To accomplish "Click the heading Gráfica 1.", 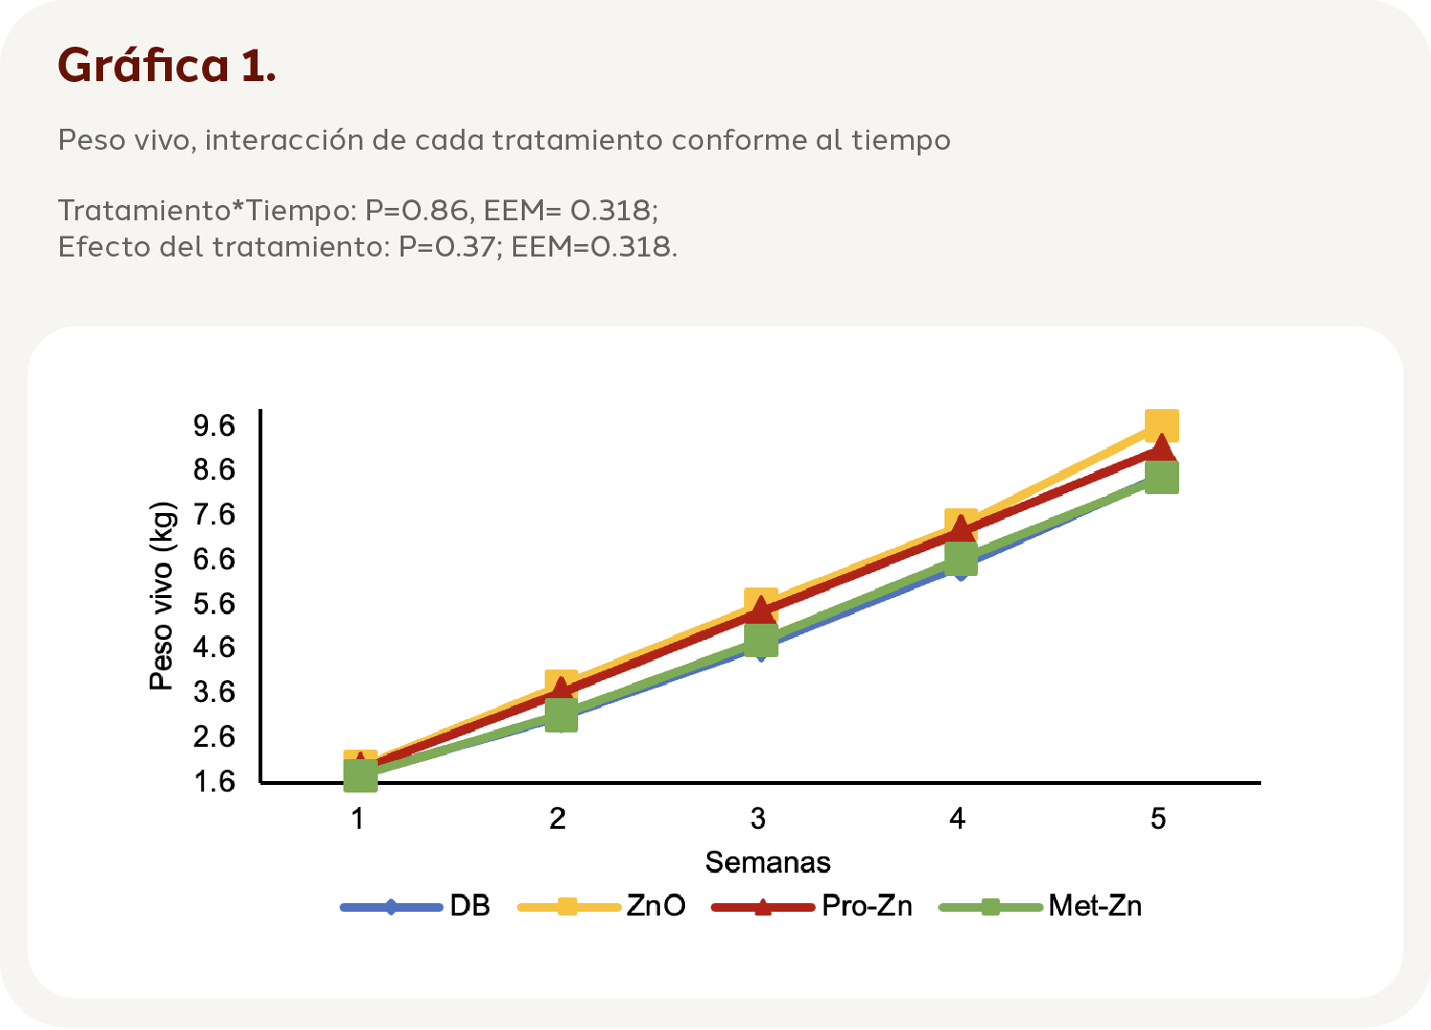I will pos(167,65).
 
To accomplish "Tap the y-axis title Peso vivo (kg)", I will pos(162,596).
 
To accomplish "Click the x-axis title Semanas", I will pos(767,862).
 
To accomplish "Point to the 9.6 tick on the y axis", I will pos(214,425).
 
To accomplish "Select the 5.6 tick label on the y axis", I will pos(214,604).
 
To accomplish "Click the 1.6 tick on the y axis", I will pos(214,782).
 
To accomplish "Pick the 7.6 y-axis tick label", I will pos(214,515).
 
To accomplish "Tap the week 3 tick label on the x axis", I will pos(757,818).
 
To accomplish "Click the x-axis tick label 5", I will pos(1157,818).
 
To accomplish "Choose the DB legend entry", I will pos(469,906).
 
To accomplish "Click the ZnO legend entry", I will pos(655,906).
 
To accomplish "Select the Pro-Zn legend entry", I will pos(866,906).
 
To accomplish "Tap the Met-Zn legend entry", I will pos(1094,906).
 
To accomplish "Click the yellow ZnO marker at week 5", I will pos(1161,424).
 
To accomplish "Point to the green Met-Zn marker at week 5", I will pos(1161,478).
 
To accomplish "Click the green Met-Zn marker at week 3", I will pos(760,641).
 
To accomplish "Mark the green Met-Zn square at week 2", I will pos(561,714).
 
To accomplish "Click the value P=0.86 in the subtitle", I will pos(417,210).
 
